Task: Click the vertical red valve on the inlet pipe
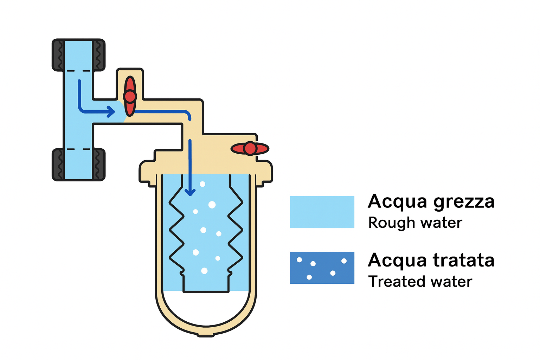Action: click(x=130, y=96)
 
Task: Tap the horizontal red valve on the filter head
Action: click(x=250, y=149)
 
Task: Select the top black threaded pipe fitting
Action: click(x=78, y=55)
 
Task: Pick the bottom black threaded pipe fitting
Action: click(x=78, y=165)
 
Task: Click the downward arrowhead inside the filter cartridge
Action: click(x=190, y=192)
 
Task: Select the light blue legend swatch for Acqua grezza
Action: click(x=322, y=212)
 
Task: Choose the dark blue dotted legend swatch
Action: click(x=322, y=268)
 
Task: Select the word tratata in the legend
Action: click(x=464, y=261)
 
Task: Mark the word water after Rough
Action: click(x=441, y=223)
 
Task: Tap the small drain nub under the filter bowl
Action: click(x=206, y=334)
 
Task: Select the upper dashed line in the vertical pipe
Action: click(x=78, y=71)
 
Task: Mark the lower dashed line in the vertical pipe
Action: click(x=78, y=149)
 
